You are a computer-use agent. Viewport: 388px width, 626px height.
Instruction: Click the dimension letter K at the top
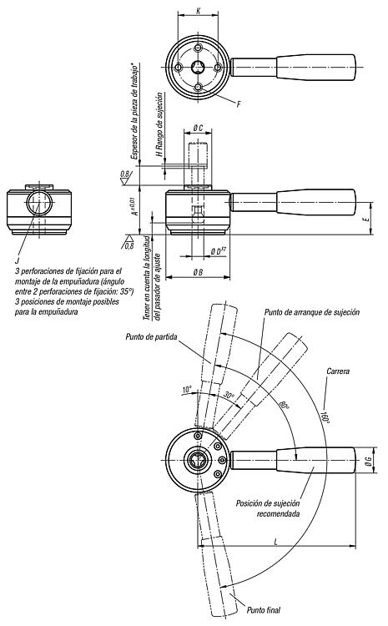199,11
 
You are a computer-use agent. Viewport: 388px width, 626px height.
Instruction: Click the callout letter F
239,104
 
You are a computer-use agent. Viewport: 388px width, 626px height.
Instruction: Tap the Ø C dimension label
198,128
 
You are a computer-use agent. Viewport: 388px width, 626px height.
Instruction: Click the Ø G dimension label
369,461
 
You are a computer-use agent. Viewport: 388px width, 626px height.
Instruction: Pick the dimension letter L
276,542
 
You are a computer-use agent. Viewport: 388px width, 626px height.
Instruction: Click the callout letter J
17,260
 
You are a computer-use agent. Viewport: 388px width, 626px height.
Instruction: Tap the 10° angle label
187,389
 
